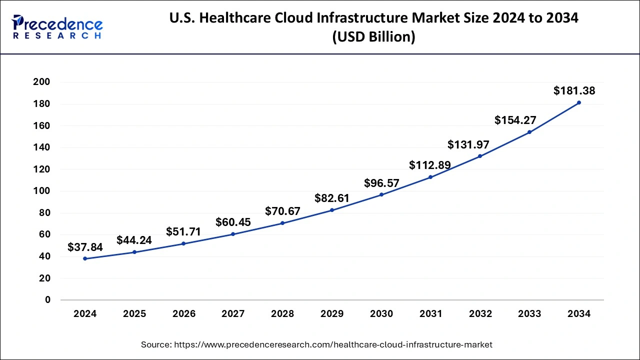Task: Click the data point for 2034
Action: click(x=578, y=102)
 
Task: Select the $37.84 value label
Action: click(x=84, y=247)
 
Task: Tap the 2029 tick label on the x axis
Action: click(x=331, y=314)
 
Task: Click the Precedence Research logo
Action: click(x=57, y=27)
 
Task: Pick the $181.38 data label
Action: click(x=574, y=90)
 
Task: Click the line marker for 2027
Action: click(x=233, y=234)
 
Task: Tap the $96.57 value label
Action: click(x=381, y=183)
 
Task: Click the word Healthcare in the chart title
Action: click(x=241, y=18)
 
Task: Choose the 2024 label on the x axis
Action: click(x=84, y=314)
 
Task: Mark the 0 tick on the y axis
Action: click(x=48, y=300)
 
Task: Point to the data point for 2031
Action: click(x=430, y=177)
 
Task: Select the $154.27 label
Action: click(x=515, y=120)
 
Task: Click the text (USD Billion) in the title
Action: click(x=373, y=37)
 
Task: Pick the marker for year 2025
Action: click(x=134, y=252)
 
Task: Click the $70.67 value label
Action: click(x=282, y=211)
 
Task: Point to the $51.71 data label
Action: click(x=183, y=232)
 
